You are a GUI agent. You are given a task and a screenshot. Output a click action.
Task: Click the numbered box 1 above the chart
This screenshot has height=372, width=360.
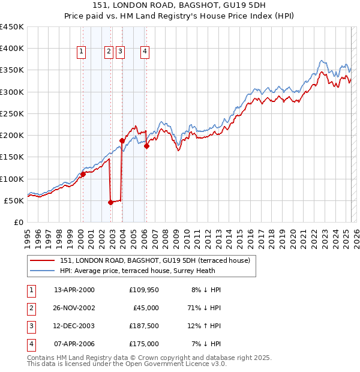tap(81, 52)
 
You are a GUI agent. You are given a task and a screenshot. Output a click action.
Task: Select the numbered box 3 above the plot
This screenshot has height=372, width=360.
tap(120, 52)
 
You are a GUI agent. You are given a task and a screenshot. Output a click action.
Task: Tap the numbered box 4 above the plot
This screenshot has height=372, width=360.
tap(145, 52)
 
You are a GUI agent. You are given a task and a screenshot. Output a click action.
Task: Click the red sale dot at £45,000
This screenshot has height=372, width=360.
tap(110, 203)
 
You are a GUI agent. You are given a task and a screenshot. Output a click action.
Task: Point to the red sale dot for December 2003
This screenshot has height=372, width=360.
tap(122, 140)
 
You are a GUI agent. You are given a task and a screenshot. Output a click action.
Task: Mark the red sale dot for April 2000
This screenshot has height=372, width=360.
tap(83, 174)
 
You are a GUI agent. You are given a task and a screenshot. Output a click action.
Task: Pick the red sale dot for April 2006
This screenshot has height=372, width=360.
tap(146, 146)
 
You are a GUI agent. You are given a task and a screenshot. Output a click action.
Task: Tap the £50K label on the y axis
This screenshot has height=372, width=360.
tap(14, 200)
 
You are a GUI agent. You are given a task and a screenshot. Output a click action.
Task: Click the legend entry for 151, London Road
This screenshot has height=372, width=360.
tap(158, 260)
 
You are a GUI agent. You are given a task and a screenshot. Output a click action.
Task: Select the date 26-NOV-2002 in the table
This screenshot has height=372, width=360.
tap(74, 308)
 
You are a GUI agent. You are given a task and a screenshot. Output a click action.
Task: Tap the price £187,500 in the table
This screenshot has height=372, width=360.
tap(144, 326)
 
